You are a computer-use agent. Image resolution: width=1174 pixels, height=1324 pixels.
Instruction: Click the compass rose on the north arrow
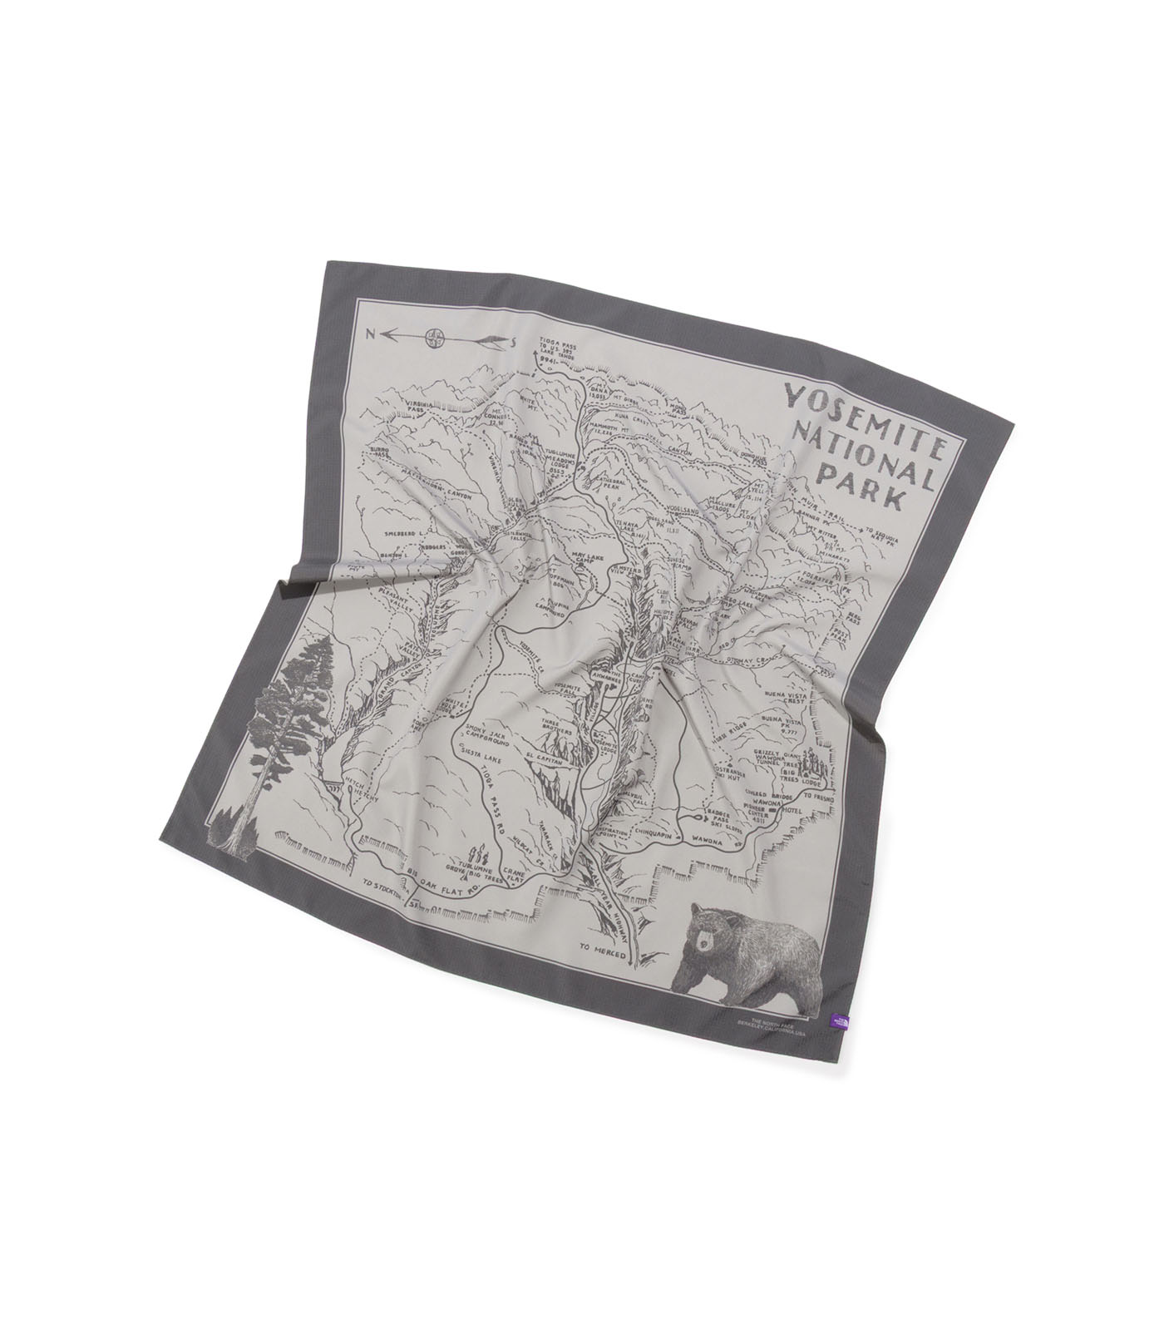(433, 338)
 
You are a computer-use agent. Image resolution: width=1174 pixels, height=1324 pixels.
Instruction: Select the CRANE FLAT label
(518, 867)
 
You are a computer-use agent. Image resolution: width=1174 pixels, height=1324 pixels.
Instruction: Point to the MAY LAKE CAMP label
(580, 556)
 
